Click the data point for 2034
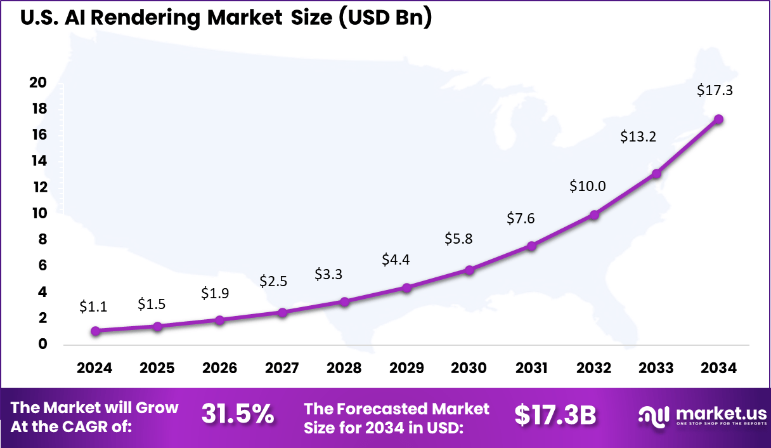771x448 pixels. click(718, 119)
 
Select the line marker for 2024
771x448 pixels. click(95, 331)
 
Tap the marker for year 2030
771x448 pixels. click(469, 270)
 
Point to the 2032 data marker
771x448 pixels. click(594, 214)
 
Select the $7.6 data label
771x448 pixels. click(521, 218)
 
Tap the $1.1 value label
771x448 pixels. click(93, 306)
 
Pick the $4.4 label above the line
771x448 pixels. click(396, 260)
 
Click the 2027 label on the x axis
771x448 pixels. click(282, 369)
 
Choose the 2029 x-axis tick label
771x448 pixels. click(406, 369)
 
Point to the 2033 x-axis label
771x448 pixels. click(656, 369)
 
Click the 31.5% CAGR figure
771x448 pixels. click(238, 415)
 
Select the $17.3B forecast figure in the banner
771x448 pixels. click(555, 415)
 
